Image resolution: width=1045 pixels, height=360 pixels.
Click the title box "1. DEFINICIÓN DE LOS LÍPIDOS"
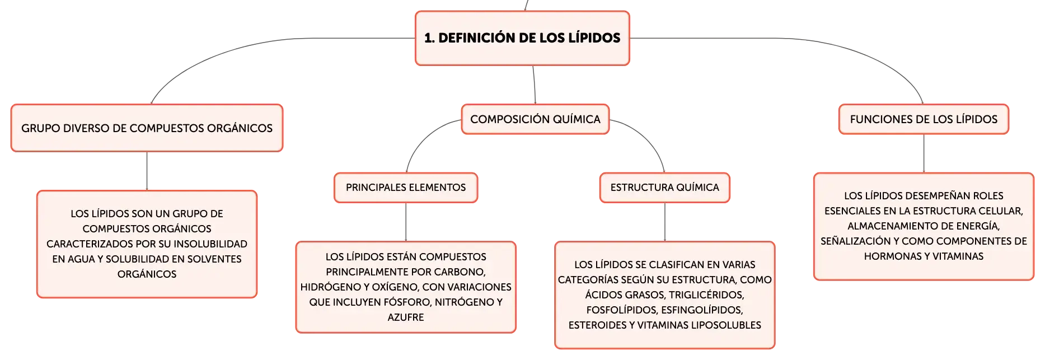(x=522, y=38)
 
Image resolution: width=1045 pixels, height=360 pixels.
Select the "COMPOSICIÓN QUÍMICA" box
(x=535, y=119)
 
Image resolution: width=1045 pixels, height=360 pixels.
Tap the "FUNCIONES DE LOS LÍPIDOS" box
(x=924, y=119)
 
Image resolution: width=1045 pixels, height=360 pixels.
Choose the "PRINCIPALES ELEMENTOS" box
(x=406, y=188)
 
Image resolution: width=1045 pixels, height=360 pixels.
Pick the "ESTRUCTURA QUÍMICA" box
(x=665, y=188)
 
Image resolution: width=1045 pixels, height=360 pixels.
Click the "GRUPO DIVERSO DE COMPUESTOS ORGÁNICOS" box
(x=147, y=128)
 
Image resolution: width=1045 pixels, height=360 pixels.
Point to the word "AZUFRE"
(x=406, y=317)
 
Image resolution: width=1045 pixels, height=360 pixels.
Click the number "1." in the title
(x=429, y=38)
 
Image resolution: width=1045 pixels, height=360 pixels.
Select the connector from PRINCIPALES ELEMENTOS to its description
(x=406, y=222)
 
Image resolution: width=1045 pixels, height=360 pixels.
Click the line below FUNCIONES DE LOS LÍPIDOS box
(x=924, y=153)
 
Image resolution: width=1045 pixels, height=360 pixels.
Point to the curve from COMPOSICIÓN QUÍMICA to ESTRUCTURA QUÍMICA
(x=649, y=137)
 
